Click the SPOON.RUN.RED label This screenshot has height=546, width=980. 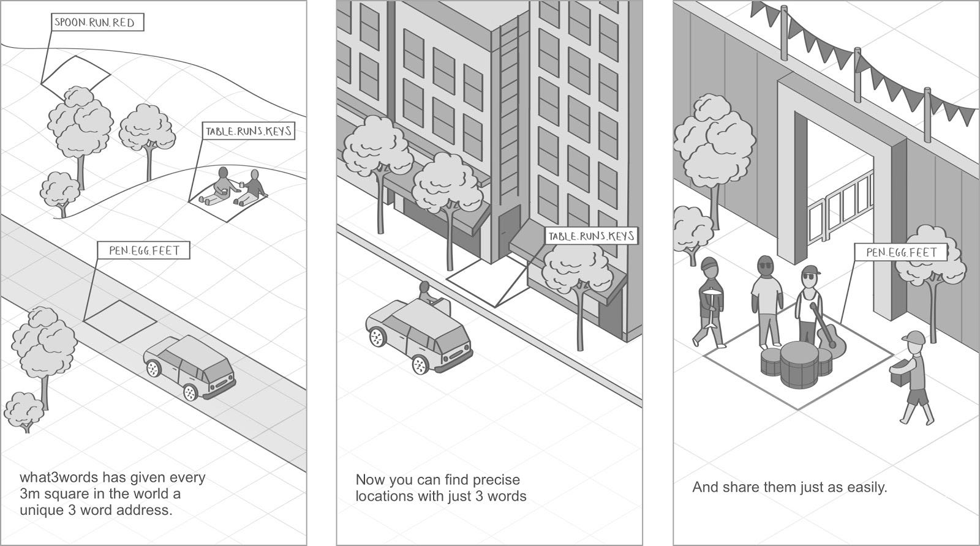coord(97,23)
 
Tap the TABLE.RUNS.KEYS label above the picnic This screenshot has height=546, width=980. coord(248,131)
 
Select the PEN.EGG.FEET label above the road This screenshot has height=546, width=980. coord(144,250)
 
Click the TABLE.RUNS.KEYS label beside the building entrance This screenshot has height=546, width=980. coord(591,236)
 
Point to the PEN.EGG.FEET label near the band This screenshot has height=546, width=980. coord(901,252)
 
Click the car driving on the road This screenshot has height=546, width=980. coord(190,367)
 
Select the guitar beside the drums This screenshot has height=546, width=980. coord(828,335)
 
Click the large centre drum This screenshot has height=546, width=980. coord(798,364)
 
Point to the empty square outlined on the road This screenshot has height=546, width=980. coord(120,320)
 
